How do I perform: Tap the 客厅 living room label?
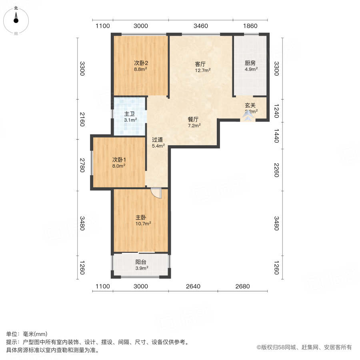click(200, 64)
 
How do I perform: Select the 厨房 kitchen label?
click(250, 63)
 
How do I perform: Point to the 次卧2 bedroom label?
click(141, 63)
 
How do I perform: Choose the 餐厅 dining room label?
click(194, 119)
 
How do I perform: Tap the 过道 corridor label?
click(157, 140)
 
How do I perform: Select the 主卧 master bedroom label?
click(140, 218)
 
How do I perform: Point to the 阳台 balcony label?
click(140, 262)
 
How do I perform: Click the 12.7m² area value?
click(202, 70)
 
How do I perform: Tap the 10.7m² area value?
click(143, 224)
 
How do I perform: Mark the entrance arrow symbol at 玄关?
click(248, 116)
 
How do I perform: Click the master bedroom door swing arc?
click(156, 193)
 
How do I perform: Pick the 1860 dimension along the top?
click(250, 26)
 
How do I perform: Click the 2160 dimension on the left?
click(82, 119)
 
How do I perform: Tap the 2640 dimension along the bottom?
click(193, 286)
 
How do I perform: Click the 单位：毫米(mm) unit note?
click(27, 334)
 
